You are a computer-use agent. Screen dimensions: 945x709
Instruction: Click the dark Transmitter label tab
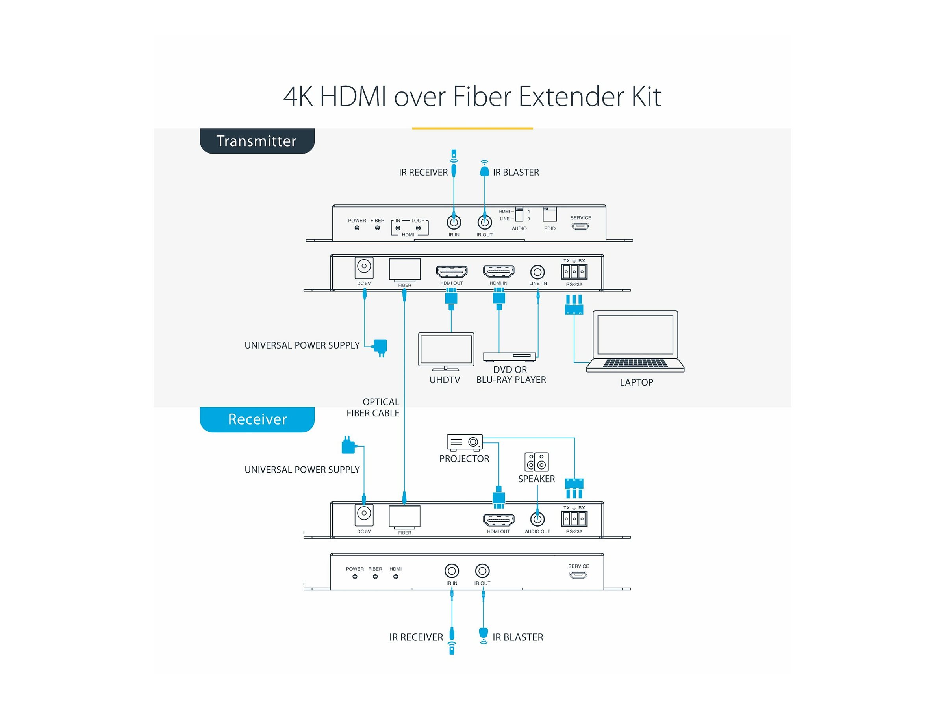click(x=257, y=141)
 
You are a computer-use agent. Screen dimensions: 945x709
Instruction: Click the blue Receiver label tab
click(x=257, y=419)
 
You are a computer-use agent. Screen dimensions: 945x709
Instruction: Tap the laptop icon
click(x=635, y=342)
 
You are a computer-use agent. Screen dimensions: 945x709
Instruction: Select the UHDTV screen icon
click(x=446, y=351)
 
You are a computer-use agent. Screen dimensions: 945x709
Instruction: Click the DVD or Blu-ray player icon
click(x=509, y=356)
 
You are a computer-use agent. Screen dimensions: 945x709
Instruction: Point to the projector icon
click(x=464, y=442)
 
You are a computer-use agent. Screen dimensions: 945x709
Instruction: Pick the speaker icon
click(x=537, y=462)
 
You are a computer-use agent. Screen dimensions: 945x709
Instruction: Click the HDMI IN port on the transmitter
click(x=498, y=271)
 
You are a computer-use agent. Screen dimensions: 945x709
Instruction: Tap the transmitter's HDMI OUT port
click(x=452, y=271)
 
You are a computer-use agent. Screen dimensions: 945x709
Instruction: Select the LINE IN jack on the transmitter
click(x=537, y=272)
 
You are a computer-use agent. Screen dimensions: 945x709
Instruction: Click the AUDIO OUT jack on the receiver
click(x=537, y=519)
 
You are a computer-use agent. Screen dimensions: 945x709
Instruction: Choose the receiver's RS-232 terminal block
click(x=574, y=518)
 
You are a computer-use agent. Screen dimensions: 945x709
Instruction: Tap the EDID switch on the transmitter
click(x=549, y=214)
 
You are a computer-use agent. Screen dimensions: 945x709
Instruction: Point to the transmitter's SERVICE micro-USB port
click(x=581, y=226)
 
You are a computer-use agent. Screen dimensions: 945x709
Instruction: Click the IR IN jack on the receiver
click(x=452, y=570)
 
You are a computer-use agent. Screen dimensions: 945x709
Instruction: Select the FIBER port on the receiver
click(x=404, y=516)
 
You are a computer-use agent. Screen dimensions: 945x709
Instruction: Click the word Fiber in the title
click(x=482, y=97)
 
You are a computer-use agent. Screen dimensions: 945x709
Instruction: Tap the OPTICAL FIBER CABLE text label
click(x=373, y=407)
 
